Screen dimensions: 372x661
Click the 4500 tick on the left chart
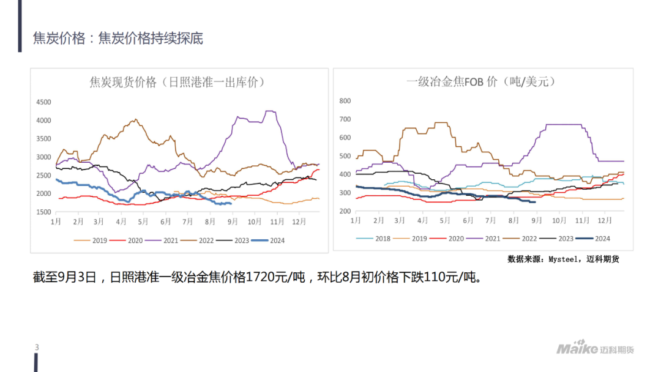pos(43,102)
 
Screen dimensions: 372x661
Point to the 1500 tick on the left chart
pos(43,212)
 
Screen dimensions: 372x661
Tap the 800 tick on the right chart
pos(345,101)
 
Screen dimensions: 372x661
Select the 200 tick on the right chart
pos(345,212)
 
